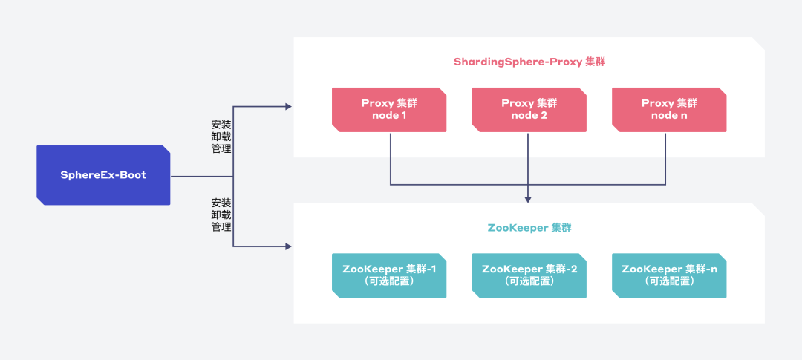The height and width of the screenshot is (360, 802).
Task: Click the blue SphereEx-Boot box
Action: (x=103, y=175)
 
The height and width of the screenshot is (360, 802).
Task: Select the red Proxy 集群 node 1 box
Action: (x=388, y=110)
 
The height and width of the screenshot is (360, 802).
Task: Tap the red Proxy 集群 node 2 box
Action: (x=529, y=110)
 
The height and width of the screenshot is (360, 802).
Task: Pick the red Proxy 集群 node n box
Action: (x=669, y=110)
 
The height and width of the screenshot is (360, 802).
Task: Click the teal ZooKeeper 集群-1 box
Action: (x=388, y=275)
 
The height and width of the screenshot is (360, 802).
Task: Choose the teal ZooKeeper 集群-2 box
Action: (x=529, y=275)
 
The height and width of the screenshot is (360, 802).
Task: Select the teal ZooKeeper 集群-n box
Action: (x=669, y=275)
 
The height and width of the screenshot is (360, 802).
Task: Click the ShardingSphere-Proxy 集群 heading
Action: (x=529, y=62)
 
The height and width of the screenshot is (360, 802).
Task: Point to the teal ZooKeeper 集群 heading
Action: (x=529, y=228)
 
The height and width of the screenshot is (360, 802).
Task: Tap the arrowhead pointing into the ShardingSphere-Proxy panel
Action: (x=288, y=106)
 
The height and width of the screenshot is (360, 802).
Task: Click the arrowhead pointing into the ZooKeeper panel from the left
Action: (x=288, y=246)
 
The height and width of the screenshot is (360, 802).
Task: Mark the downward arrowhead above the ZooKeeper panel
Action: (x=529, y=200)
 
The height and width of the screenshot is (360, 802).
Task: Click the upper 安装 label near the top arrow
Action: (x=221, y=125)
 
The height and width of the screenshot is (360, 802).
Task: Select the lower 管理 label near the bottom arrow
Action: (x=221, y=226)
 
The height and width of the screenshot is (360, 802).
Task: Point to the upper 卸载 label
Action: (x=221, y=137)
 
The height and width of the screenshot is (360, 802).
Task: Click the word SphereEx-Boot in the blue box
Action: (x=103, y=175)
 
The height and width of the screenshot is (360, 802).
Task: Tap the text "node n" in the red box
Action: (x=669, y=116)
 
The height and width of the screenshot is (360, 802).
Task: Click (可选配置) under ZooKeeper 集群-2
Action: (x=529, y=281)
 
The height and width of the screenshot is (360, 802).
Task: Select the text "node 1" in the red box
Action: (x=388, y=116)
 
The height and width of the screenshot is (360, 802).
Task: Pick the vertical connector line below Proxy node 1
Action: (x=391, y=159)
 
